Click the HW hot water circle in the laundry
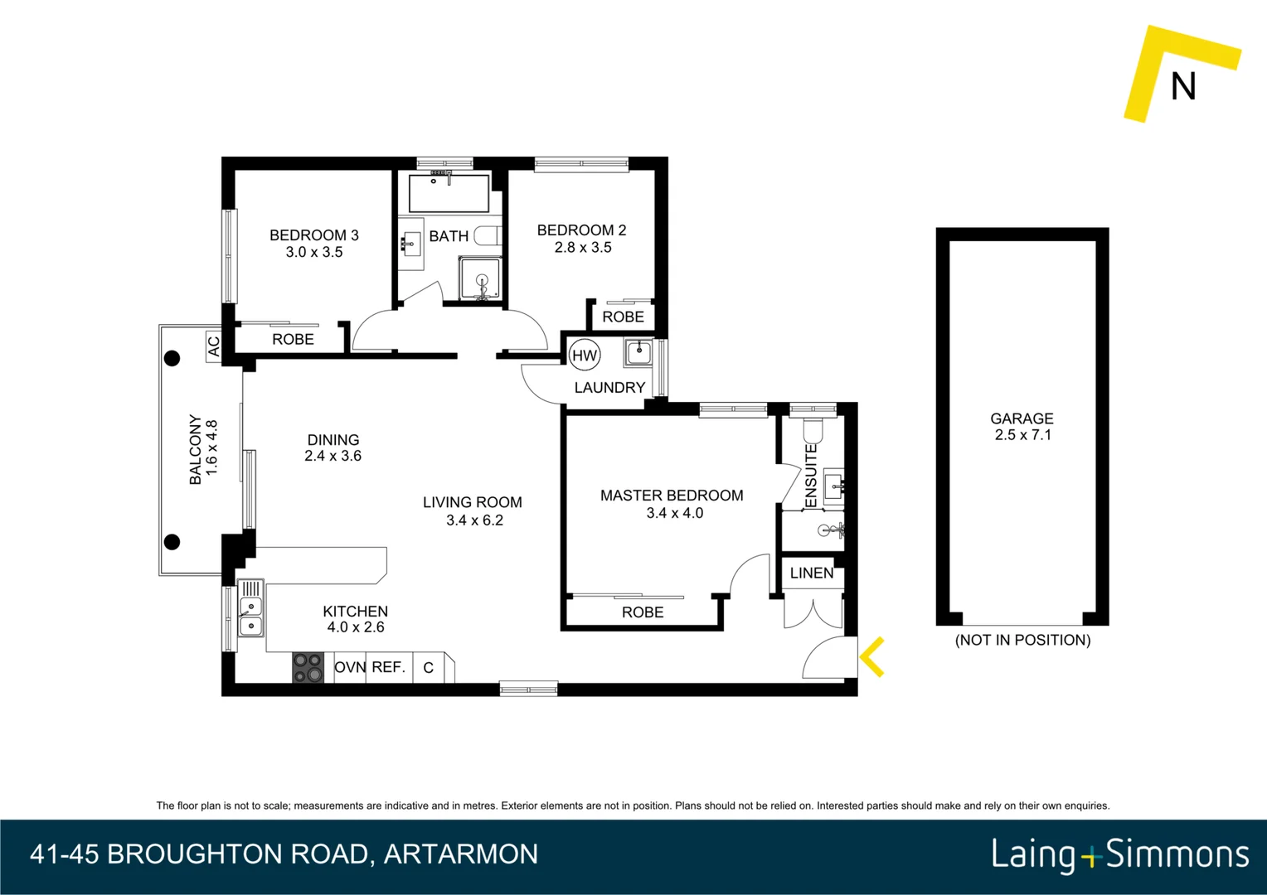click(x=585, y=356)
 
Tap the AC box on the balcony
click(x=214, y=346)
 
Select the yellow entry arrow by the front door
click(x=872, y=657)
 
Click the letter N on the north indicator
click(x=1183, y=86)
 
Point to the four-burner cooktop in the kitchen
click(x=308, y=668)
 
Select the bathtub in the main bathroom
click(x=449, y=192)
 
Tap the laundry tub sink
click(x=639, y=352)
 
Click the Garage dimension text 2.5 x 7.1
click(x=1022, y=435)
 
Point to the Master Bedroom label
click(x=672, y=496)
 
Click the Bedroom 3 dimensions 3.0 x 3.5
click(x=314, y=252)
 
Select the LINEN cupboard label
click(x=812, y=573)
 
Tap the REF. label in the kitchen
click(x=388, y=667)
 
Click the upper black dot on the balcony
click(x=172, y=358)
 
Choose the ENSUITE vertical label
click(x=811, y=476)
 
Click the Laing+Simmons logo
click(x=1119, y=854)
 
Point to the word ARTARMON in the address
click(x=461, y=854)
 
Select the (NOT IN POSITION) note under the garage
click(x=1022, y=640)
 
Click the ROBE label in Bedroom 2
click(x=623, y=317)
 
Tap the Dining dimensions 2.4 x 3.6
click(x=333, y=456)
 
